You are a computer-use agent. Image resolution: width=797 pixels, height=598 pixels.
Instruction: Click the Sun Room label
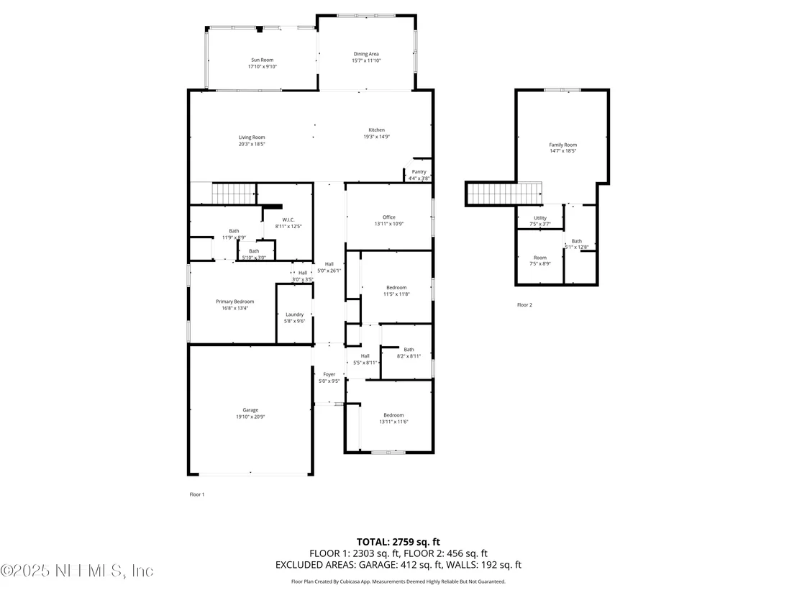263,60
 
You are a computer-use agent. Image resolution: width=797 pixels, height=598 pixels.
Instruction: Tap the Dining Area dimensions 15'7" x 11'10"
366,60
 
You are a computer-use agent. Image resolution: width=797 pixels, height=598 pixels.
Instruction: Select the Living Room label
252,137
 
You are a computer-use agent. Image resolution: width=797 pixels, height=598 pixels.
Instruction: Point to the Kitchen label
377,130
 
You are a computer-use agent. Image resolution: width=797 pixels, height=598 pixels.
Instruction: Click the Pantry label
419,172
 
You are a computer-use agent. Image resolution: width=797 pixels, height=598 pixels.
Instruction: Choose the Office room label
389,217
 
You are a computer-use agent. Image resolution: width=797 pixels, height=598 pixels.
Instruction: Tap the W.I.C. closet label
288,219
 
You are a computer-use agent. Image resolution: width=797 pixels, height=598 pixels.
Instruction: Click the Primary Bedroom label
234,302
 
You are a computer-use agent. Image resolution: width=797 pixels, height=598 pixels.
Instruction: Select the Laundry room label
295,314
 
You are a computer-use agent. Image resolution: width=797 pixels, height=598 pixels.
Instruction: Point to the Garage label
250,410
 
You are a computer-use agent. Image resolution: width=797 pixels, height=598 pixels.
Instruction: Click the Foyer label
329,374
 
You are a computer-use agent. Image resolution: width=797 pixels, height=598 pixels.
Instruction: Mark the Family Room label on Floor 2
563,145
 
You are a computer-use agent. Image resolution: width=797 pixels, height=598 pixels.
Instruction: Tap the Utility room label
540,218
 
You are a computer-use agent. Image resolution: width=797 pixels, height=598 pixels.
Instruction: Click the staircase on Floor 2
504,194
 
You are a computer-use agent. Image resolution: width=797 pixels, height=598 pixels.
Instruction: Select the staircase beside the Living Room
234,194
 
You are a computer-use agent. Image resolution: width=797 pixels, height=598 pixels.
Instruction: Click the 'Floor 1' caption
196,494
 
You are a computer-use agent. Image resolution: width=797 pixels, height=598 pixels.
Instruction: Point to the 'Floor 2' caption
524,305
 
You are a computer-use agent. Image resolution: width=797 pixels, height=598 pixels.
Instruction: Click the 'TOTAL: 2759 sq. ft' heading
398,542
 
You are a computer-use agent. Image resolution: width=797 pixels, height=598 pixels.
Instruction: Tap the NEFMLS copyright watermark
77,571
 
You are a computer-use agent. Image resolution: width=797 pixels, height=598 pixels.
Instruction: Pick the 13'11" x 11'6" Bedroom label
394,419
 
